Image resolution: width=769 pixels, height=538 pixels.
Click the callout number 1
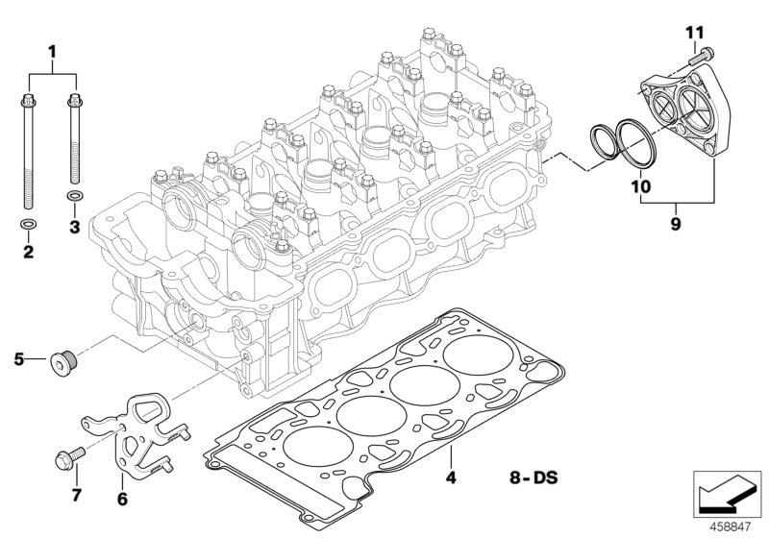(x=53, y=49)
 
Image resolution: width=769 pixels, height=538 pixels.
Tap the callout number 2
(x=27, y=253)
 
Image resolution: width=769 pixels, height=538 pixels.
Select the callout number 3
(x=74, y=228)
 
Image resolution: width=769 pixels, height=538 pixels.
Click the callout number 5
(x=18, y=360)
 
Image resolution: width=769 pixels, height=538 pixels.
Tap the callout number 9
(x=675, y=223)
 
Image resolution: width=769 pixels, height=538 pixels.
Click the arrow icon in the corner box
(x=722, y=493)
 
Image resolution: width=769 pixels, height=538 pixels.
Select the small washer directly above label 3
(x=74, y=197)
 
